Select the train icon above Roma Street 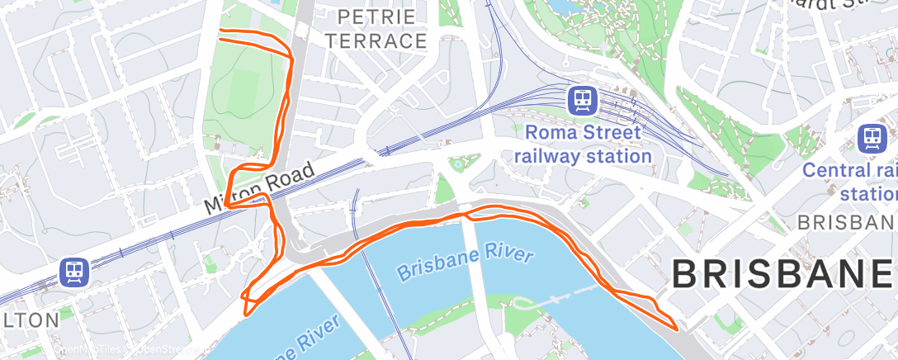[584, 100]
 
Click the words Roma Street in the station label [583, 132]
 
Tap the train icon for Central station [872, 138]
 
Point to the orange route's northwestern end [220, 33]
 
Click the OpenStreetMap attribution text [124, 351]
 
